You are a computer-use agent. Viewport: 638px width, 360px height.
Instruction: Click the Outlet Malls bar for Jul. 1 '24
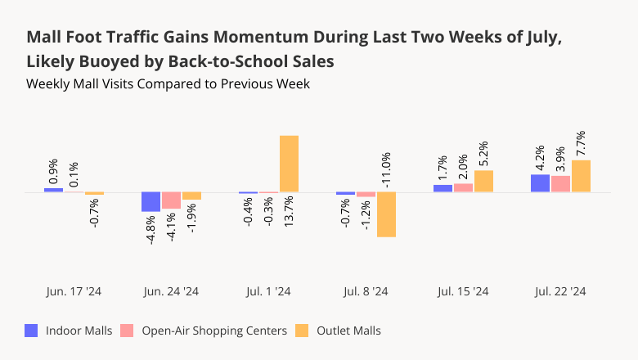pos(289,164)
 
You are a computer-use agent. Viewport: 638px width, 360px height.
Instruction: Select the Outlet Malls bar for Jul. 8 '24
pos(386,214)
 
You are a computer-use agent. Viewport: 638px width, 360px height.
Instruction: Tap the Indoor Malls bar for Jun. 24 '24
pos(151,202)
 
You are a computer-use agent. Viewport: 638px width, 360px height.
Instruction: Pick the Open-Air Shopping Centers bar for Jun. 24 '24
pos(171,200)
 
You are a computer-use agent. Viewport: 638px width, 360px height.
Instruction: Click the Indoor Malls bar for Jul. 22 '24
pos(540,183)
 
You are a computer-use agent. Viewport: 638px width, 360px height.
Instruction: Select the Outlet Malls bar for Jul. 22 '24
pos(581,176)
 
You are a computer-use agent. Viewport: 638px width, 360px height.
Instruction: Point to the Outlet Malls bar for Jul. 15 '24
pos(483,181)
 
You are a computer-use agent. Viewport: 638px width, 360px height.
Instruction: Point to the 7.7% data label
pos(581,143)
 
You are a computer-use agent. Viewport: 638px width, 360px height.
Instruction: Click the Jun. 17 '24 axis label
pos(74,291)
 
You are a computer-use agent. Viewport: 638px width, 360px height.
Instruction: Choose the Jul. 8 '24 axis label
pos(366,291)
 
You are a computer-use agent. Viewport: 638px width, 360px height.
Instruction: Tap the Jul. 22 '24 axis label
pos(560,291)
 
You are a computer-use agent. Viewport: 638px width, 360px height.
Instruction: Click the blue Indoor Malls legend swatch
pos(32,331)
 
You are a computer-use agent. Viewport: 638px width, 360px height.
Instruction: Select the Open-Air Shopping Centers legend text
pos(214,331)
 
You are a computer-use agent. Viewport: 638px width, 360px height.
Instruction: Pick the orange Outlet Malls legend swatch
pos(302,331)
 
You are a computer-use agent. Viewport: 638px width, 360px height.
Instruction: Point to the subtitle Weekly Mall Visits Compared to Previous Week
pos(168,83)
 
